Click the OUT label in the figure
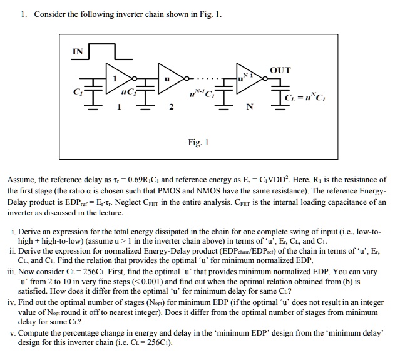tap(279, 70)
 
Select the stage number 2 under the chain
tap(170, 108)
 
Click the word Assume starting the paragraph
tap(23, 179)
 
